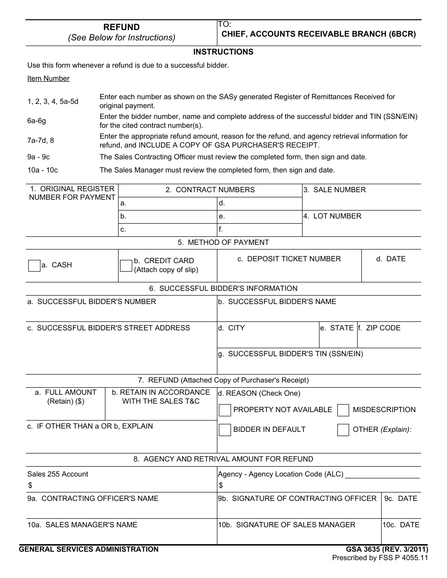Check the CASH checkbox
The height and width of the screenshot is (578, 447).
[34, 266]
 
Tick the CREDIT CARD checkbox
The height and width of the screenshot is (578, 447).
[126, 266]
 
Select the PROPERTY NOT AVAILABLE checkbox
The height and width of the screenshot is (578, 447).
[225, 410]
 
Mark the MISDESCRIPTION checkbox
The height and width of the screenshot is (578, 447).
[343, 410]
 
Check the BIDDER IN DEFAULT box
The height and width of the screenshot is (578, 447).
[225, 430]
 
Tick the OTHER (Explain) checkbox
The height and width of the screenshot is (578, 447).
[343, 430]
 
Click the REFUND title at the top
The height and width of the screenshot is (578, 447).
[121, 27]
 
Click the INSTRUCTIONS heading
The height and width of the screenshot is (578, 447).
[223, 52]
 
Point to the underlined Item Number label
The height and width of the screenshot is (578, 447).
[48, 78]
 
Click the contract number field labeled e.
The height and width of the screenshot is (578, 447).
[260, 217]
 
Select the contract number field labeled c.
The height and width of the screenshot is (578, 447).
[167, 230]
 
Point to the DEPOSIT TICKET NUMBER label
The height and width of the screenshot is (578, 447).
[289, 259]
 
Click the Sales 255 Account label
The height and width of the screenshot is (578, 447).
[58, 474]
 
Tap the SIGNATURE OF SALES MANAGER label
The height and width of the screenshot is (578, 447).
[287, 525]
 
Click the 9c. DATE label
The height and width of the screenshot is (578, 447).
[400, 499]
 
